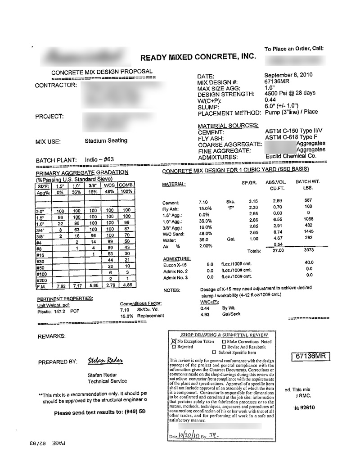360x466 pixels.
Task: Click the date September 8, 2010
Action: (x=288, y=75)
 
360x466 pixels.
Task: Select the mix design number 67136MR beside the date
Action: (x=276, y=81)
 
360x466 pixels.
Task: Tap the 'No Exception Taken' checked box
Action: (x=173, y=342)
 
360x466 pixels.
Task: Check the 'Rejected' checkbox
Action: (x=174, y=347)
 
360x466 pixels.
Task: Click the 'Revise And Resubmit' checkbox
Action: (x=224, y=347)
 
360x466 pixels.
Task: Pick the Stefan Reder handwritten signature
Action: (x=106, y=361)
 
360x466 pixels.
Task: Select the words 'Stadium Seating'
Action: (x=106, y=141)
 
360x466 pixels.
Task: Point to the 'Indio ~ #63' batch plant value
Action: (x=99, y=160)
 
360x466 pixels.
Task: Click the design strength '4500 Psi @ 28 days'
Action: (x=290, y=94)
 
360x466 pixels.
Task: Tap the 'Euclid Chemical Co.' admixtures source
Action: (x=291, y=156)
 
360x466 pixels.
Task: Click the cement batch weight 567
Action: (x=308, y=200)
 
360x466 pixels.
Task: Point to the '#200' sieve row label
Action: (x=42, y=281)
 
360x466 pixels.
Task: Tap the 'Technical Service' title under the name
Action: (x=108, y=381)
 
